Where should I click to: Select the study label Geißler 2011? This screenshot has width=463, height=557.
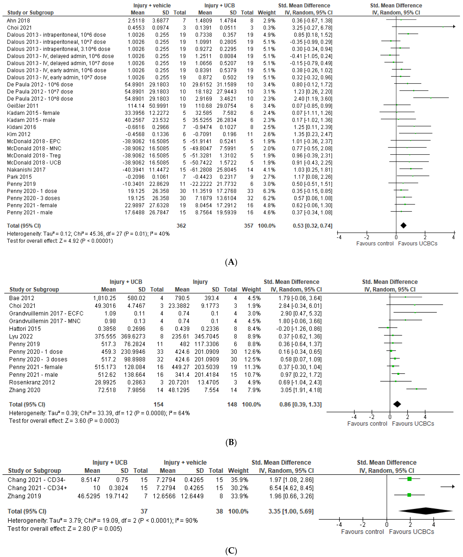(23, 106)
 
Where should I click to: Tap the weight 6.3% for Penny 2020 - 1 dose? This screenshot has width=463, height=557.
(269, 191)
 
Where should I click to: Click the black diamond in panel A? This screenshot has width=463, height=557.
(403, 225)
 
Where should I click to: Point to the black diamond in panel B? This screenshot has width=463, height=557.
(397, 404)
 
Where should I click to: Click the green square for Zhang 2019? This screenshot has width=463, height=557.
(409, 495)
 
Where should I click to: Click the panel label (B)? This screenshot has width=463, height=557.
(231, 442)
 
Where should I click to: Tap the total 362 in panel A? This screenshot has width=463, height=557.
(181, 226)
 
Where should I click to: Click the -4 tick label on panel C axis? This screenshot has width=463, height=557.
(339, 524)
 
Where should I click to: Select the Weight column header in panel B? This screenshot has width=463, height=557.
(251, 289)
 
